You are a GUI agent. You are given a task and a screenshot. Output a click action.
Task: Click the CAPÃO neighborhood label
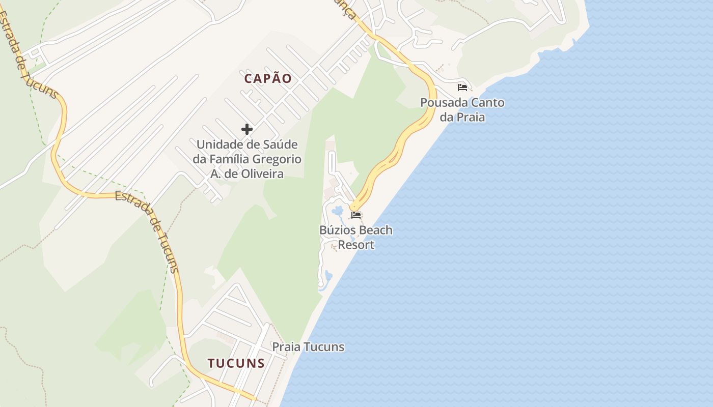268,78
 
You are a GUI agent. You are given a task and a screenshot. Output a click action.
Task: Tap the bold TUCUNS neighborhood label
236,363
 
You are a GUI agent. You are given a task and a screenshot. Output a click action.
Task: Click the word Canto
487,103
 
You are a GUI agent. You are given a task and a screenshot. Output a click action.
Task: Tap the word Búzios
338,230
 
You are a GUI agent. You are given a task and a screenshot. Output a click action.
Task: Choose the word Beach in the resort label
376,230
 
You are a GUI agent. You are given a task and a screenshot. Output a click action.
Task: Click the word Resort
356,245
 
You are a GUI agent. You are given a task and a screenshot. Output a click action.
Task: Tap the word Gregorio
280,159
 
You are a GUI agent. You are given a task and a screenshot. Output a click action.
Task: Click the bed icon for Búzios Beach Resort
356,215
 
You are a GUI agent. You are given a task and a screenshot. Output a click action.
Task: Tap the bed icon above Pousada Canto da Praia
462,88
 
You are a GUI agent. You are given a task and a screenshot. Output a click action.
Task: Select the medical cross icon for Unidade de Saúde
247,129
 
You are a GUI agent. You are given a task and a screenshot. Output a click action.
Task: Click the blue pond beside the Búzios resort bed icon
337,211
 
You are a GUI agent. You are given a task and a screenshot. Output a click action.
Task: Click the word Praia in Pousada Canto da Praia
470,118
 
